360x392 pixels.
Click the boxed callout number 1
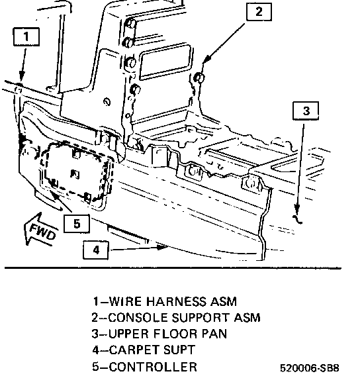(x=26, y=37)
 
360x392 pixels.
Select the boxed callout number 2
(x=259, y=11)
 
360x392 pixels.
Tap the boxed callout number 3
(x=306, y=111)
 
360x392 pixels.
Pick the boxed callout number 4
(x=96, y=250)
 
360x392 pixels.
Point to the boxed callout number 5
(x=77, y=224)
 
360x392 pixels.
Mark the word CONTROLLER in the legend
(x=153, y=367)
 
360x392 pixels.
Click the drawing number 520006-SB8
(x=310, y=368)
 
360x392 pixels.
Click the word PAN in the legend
(x=214, y=334)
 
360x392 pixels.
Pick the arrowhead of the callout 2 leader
(x=207, y=59)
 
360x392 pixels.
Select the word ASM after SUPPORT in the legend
(x=247, y=318)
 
